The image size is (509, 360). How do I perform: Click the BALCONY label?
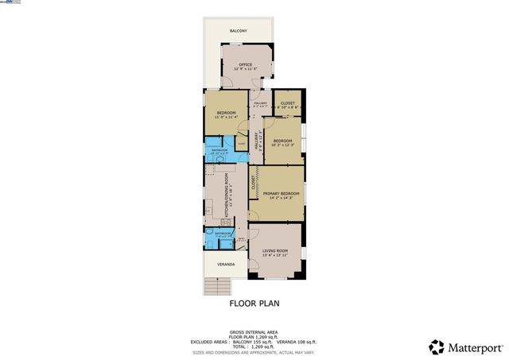[239, 31]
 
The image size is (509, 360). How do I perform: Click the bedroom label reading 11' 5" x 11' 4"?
[227, 114]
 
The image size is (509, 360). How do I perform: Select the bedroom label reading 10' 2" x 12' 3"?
[283, 142]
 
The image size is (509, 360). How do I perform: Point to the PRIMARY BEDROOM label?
[281, 195]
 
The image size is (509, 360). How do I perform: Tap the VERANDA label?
[218, 264]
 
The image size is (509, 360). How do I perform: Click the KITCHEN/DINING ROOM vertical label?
[227, 195]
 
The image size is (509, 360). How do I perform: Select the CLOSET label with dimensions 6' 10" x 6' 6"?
[287, 104]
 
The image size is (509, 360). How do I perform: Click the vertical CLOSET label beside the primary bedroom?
[253, 183]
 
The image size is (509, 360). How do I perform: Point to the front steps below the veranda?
[217, 286]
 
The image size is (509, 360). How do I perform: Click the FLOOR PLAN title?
[254, 303]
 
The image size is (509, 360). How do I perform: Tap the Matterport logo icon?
[437, 346]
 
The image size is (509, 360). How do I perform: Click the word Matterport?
[475, 347]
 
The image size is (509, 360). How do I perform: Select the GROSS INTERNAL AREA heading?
[254, 332]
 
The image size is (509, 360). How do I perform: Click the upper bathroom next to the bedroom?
[220, 152]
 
